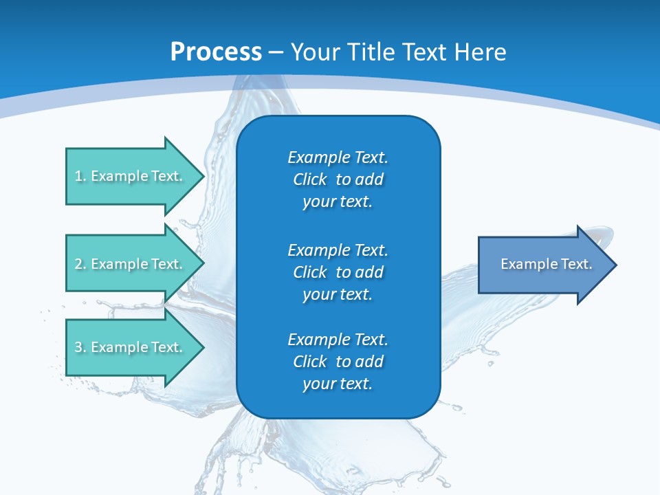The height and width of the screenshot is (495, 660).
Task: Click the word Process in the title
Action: pyautogui.click(x=216, y=52)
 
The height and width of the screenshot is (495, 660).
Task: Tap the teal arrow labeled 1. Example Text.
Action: pyautogui.click(x=131, y=176)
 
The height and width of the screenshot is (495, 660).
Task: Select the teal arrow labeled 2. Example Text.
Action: pyautogui.click(x=131, y=264)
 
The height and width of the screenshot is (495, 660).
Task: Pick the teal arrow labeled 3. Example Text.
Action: pyautogui.click(x=131, y=347)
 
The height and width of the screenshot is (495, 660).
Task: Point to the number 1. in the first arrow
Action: pyautogui.click(x=80, y=176)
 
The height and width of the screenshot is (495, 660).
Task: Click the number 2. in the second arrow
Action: pyautogui.click(x=80, y=264)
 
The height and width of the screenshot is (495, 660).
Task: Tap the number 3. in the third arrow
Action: pyautogui.click(x=80, y=347)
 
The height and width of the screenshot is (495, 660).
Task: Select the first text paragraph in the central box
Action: pyautogui.click(x=338, y=179)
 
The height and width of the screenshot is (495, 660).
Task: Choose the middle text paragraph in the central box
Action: pyautogui.click(x=338, y=272)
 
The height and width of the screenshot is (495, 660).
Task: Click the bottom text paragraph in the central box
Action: pyautogui.click(x=338, y=362)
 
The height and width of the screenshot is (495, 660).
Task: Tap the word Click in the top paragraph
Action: pyautogui.click(x=310, y=179)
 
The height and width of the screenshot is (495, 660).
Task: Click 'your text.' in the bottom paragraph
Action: pyautogui.click(x=338, y=384)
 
